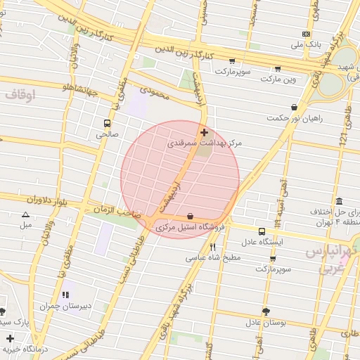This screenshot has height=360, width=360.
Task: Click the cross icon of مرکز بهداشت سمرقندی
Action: [204, 132]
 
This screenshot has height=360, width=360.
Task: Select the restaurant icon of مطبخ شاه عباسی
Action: [212, 247]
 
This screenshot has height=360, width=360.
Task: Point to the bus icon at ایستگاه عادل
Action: [262, 231]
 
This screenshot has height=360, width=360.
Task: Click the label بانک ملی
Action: [309, 44]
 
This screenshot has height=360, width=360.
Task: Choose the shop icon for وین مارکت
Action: [278, 69]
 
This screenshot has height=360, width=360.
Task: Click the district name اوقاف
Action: [19, 94]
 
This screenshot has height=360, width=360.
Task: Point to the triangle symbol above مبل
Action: [26, 214]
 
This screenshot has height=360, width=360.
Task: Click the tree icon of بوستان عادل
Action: [265, 311]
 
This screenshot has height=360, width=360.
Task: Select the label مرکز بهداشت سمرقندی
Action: [205, 143]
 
